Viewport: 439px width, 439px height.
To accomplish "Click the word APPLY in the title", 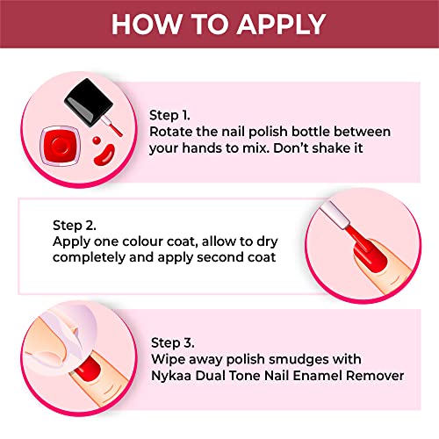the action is pyautogui.click(x=281, y=24).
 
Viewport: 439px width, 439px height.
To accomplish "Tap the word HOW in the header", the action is pyautogui.click(x=147, y=24).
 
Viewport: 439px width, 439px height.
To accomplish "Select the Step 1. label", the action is pyautogui.click(x=169, y=115).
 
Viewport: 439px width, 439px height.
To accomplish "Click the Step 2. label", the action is pyautogui.click(x=75, y=226).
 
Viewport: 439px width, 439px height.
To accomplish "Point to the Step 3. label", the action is pyautogui.click(x=173, y=342).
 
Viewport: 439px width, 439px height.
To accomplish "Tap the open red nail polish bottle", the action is pyautogui.click(x=60, y=146).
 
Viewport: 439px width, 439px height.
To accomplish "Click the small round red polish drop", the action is pyautogui.click(x=97, y=140).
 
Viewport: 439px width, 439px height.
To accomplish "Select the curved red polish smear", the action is pyautogui.click(x=104, y=155).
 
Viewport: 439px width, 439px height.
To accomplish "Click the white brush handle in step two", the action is pyautogui.click(x=335, y=214).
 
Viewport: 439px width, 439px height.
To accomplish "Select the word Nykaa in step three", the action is pyautogui.click(x=171, y=376).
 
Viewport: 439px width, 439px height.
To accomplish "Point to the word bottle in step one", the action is pyautogui.click(x=311, y=132).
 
